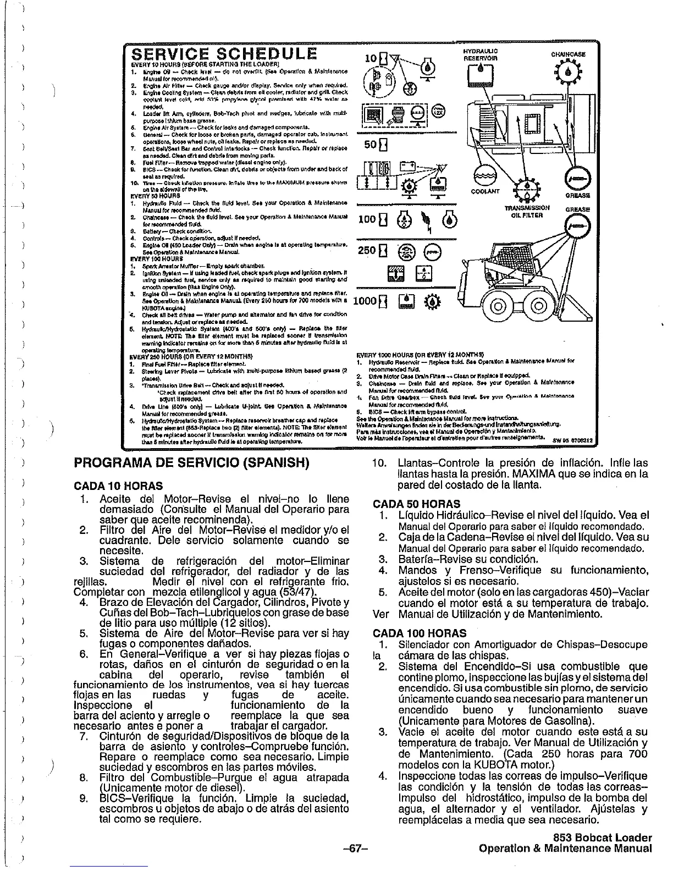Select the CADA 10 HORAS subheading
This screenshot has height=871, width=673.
tap(118, 486)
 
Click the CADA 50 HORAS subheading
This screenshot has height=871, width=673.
tap(416, 504)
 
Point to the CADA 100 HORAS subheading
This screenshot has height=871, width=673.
tap(420, 633)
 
